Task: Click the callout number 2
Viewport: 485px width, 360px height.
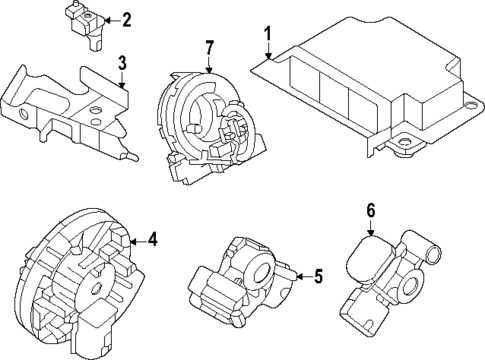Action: click(x=126, y=19)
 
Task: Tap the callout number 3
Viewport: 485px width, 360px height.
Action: click(x=121, y=66)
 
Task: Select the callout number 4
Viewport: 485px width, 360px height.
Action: click(x=152, y=239)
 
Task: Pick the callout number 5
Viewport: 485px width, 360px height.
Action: click(x=318, y=277)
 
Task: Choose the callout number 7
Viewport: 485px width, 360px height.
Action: click(x=209, y=48)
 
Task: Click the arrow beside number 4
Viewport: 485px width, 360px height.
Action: click(x=137, y=239)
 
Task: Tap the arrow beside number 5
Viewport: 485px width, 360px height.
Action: click(x=303, y=277)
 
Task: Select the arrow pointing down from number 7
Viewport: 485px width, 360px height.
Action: click(x=209, y=64)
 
